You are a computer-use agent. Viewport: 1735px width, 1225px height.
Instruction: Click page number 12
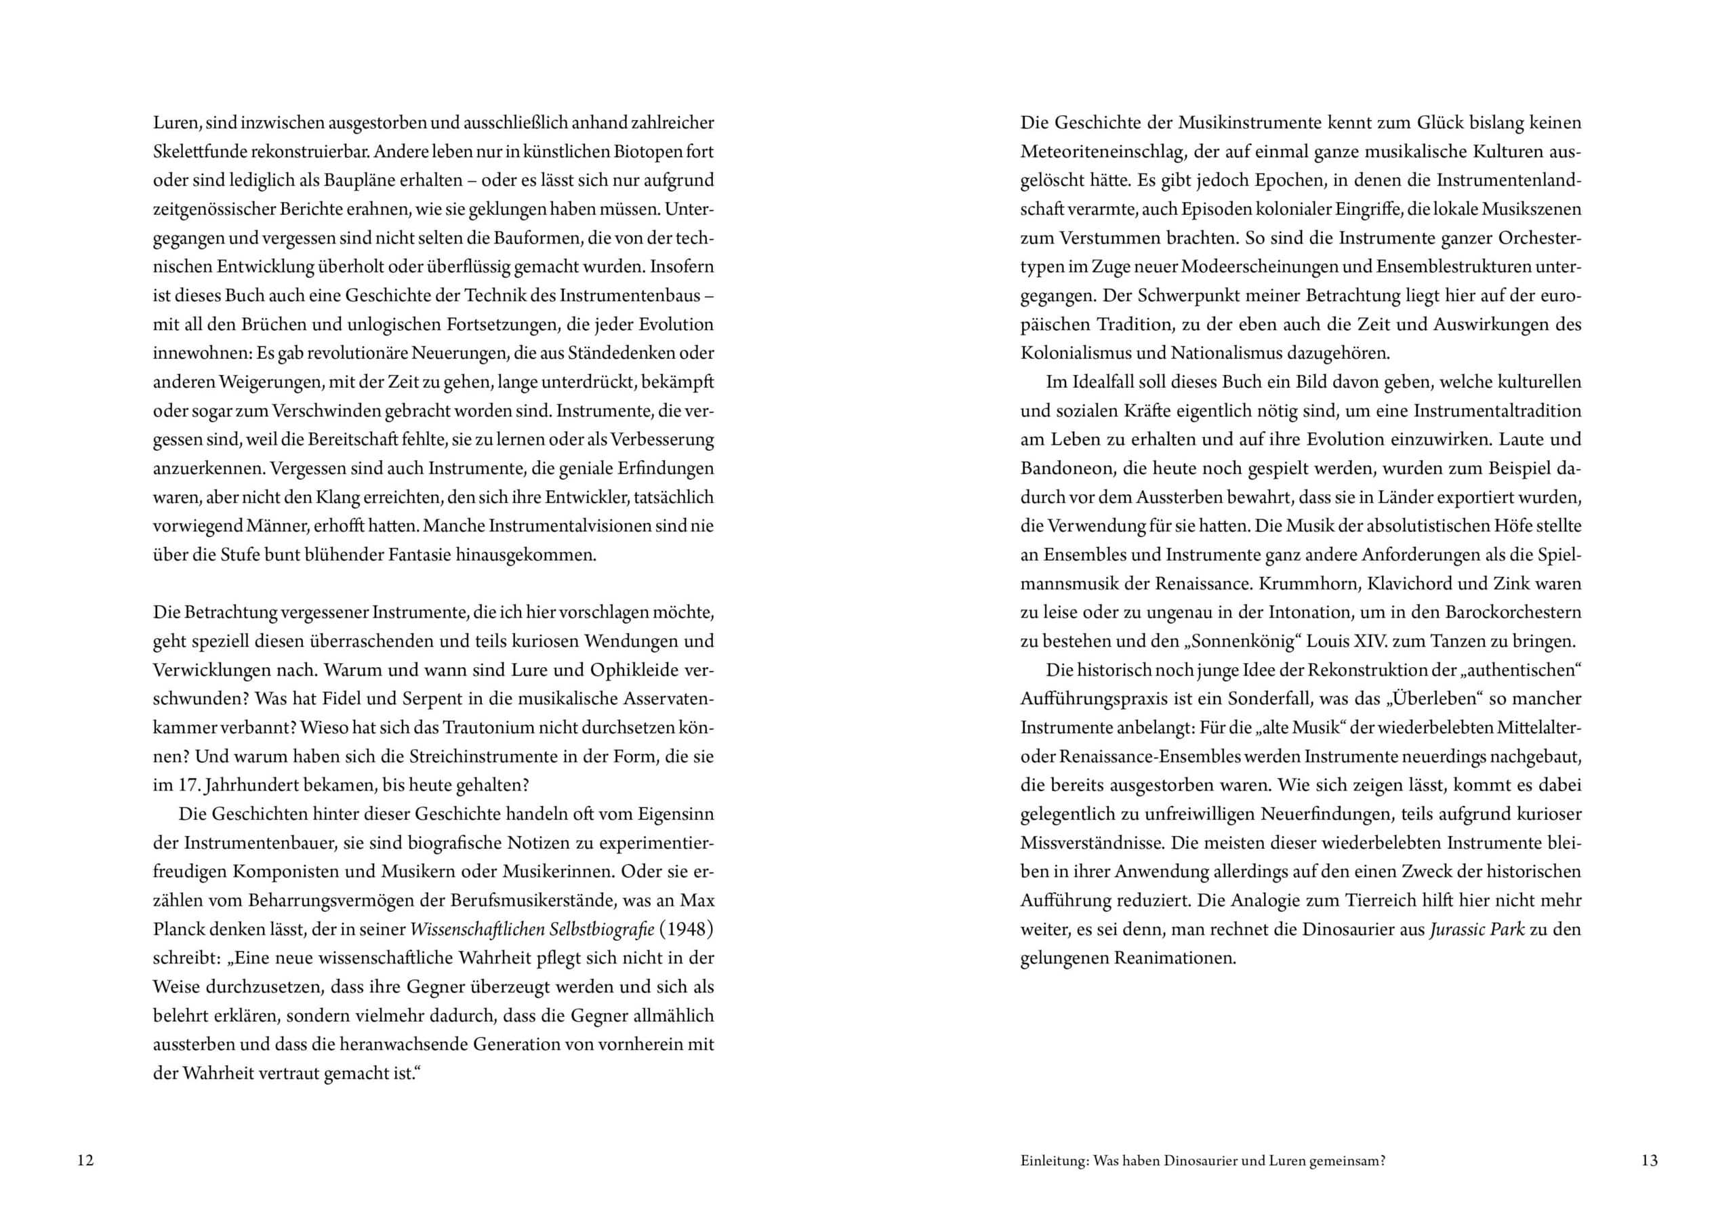point(85,1160)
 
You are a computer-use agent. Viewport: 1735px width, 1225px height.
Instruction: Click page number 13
point(1650,1160)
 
